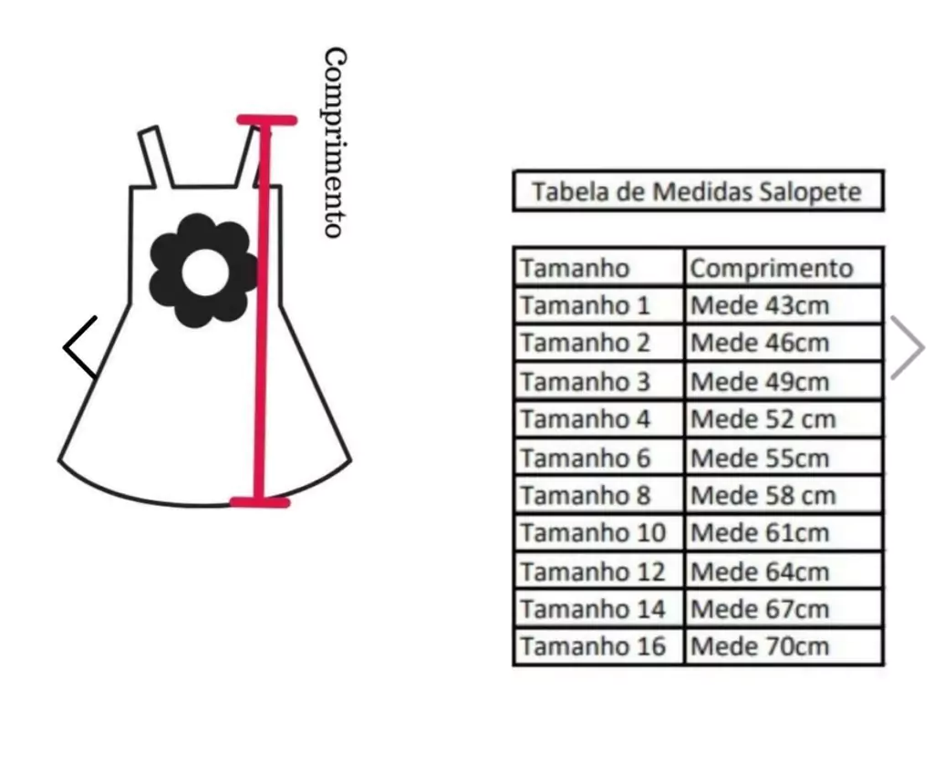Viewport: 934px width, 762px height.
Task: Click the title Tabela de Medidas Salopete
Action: [698, 191]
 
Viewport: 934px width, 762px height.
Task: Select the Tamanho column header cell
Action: [598, 268]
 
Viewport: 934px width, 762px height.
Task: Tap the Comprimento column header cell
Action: [784, 268]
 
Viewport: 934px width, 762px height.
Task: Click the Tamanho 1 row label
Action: [598, 306]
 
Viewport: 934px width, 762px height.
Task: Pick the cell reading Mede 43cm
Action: [784, 306]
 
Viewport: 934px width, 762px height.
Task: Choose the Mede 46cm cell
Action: [784, 344]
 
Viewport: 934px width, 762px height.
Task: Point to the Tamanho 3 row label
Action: [598, 382]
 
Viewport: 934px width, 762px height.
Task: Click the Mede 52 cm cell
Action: [784, 419]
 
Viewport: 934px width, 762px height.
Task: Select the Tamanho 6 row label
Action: [598, 458]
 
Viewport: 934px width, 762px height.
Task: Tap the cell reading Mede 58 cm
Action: [784, 495]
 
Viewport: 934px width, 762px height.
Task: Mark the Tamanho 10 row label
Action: [598, 533]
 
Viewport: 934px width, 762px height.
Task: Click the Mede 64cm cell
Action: [784, 571]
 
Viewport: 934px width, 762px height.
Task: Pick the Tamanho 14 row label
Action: [598, 609]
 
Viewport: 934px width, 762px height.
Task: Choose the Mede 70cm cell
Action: [784, 646]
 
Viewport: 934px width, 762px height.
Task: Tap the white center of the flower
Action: [205, 272]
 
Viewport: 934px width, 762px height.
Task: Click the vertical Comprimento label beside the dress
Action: [335, 143]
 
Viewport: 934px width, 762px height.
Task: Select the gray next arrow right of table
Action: [908, 347]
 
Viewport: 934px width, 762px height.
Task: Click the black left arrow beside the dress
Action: [80, 347]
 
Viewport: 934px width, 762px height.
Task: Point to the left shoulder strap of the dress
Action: [156, 157]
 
